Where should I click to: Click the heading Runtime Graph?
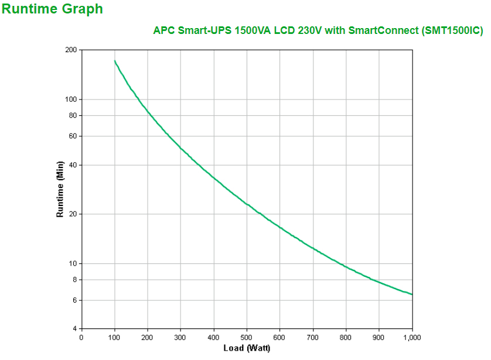coord(53,9)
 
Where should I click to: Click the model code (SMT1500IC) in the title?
coord(452,31)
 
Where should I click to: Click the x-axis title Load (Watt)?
coord(247,348)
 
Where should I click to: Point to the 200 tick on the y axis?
coord(71,50)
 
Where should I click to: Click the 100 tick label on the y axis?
coord(71,100)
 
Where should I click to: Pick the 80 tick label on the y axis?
coord(73,115)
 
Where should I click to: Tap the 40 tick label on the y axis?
coord(73,165)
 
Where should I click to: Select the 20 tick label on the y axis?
coord(73,214)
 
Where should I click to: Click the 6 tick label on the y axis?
coord(74,300)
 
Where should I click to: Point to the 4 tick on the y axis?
coord(74,328)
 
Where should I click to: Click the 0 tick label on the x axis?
coord(81,337)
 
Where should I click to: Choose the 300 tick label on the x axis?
coord(180,337)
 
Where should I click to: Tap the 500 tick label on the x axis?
coord(247,337)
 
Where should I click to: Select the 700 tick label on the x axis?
coord(313,337)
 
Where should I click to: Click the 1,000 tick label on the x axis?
coord(412,337)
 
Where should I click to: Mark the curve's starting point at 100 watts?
coord(114,60)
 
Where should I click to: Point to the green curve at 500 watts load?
coord(247,204)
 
